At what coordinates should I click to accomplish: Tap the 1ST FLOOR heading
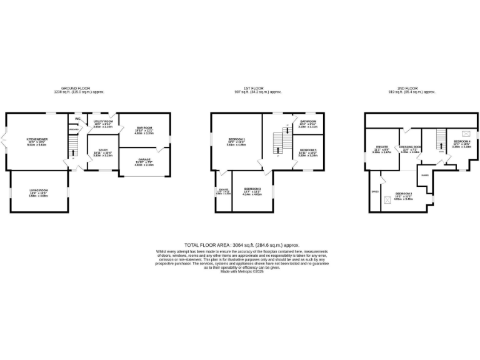(x=259, y=89)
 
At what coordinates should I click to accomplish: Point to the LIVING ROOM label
(x=39, y=191)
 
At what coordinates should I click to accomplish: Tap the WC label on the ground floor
(x=78, y=118)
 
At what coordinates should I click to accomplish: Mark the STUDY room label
(x=102, y=151)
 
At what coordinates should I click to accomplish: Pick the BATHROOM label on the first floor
(x=307, y=121)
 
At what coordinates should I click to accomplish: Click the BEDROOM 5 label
(x=307, y=151)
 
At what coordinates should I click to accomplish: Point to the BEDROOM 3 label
(x=252, y=188)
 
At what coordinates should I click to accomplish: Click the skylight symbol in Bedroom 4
(x=464, y=133)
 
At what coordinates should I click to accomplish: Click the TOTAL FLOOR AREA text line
(x=242, y=245)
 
